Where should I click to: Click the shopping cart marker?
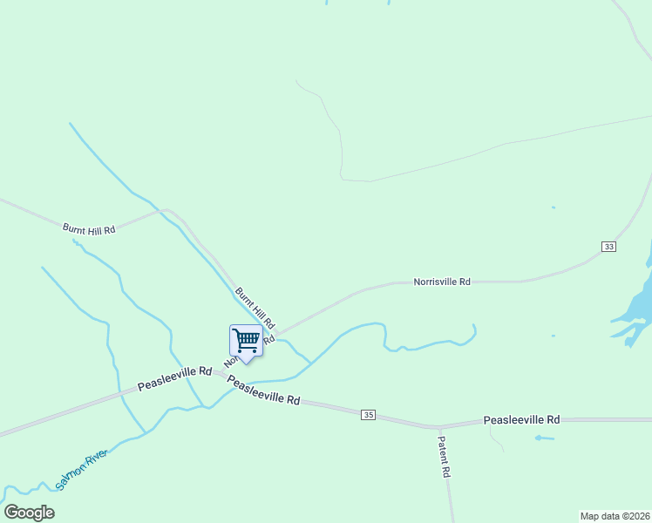pyautogui.click(x=246, y=340)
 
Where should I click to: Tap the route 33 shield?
pyautogui.click(x=608, y=248)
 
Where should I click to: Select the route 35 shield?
pyautogui.click(x=369, y=415)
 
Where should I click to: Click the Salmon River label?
pyautogui.click(x=81, y=469)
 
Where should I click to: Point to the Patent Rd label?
pyautogui.click(x=444, y=457)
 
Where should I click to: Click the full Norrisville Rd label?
pyautogui.click(x=442, y=282)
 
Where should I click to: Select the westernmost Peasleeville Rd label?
pyautogui.click(x=174, y=378)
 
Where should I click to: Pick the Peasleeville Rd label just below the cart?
pyautogui.click(x=263, y=390)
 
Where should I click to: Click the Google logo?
pyautogui.click(x=29, y=513)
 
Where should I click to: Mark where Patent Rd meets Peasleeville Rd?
pyautogui.click(x=438, y=427)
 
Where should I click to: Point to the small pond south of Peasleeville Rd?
pyautogui.click(x=544, y=437)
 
